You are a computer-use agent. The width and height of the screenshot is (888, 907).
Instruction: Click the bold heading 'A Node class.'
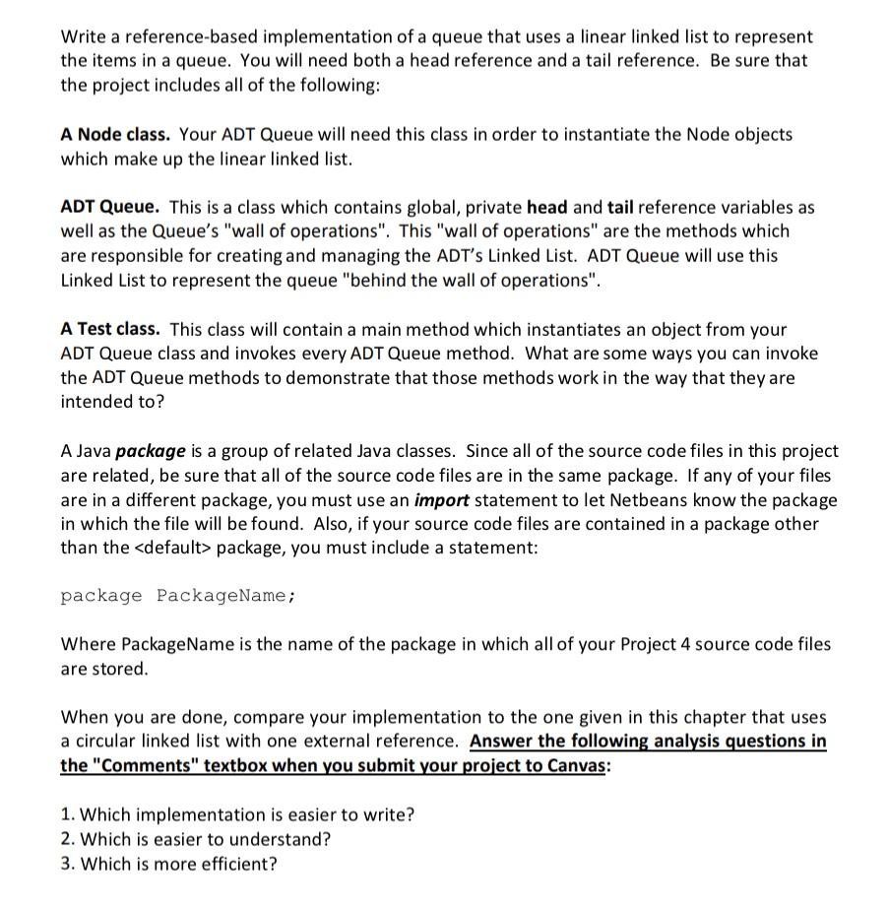115,134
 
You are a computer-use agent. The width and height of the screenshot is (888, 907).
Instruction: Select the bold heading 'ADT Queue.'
109,207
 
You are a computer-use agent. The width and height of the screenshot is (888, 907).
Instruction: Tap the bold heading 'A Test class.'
112,329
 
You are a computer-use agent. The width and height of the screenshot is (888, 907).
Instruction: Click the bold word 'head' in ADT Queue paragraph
547,207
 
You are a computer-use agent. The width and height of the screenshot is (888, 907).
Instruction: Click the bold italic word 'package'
151,451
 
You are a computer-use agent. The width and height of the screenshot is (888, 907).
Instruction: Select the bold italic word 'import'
441,499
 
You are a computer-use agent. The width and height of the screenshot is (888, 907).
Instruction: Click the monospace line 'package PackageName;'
178,596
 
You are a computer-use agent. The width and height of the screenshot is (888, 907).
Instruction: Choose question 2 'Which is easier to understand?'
205,839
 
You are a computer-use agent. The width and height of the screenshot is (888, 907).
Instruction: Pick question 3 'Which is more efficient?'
178,864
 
